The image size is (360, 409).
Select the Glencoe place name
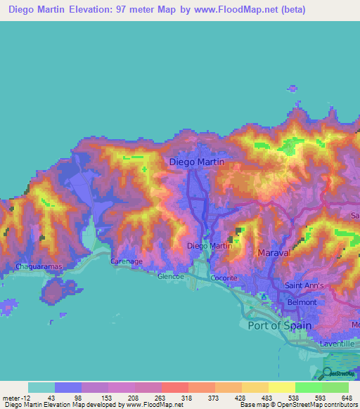point(170,277)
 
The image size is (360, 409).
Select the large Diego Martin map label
point(198,162)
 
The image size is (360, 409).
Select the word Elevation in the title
point(89,11)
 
